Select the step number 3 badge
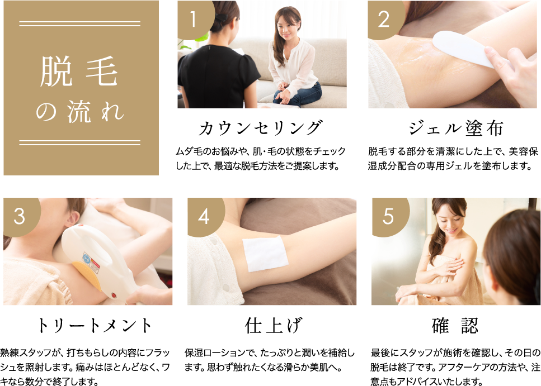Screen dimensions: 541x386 [x=20, y=216]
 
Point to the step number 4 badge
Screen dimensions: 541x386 [x=204, y=216]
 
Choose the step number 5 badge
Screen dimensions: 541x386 [x=389, y=216]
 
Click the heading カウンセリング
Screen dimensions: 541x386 [x=261, y=128]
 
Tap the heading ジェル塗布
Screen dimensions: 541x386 [x=455, y=128]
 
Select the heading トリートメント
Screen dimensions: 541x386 [x=94, y=325]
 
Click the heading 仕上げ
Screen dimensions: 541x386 [x=273, y=325]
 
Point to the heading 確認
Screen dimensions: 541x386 [x=455, y=325]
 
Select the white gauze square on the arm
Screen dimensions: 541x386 [x=265, y=254]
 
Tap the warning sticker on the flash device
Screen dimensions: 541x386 [x=91, y=263]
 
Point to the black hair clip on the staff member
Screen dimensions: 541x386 [x=220, y=17]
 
